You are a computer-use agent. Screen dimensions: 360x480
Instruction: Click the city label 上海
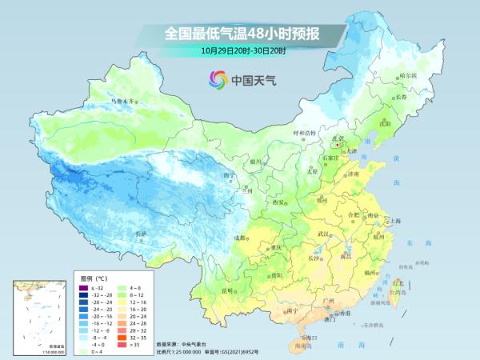point(394,220)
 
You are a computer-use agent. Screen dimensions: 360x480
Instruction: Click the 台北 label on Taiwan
point(397,283)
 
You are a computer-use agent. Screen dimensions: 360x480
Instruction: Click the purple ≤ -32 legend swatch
point(83,286)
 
